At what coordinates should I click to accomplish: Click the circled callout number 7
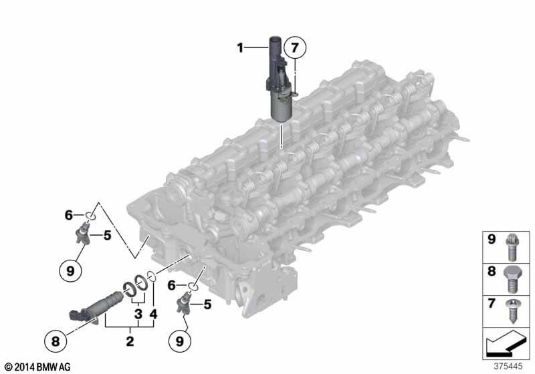tap(294, 47)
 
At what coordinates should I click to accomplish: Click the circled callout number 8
tap(56, 341)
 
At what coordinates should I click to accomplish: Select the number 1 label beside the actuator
tap(240, 47)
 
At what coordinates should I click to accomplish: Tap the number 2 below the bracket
tap(130, 341)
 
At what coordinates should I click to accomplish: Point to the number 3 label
tap(138, 314)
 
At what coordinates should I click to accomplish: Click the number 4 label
tap(154, 314)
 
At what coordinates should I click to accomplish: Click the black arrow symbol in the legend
tap(506, 345)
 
